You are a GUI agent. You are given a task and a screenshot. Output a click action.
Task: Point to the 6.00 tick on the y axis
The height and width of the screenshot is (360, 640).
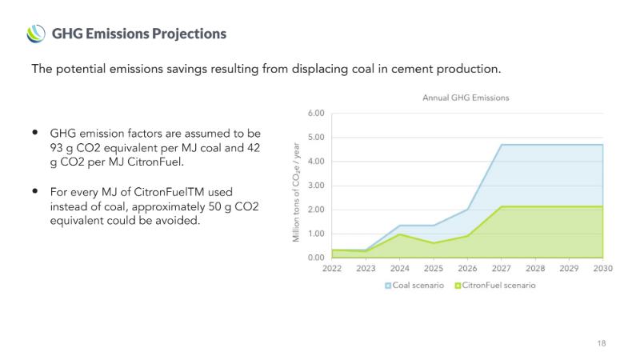(x=316, y=114)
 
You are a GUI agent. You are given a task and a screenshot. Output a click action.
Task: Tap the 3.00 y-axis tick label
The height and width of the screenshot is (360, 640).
(x=316, y=186)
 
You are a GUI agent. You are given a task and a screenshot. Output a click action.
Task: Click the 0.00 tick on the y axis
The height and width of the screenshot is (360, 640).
(x=316, y=258)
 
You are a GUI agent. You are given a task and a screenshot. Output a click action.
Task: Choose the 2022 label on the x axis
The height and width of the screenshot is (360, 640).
(x=332, y=270)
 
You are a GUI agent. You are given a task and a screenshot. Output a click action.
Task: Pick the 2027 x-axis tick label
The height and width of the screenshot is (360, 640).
(x=502, y=270)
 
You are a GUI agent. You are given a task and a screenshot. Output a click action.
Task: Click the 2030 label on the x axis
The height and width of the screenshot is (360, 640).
(x=603, y=270)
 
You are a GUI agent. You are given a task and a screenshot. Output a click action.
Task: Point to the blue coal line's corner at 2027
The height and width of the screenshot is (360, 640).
(x=502, y=145)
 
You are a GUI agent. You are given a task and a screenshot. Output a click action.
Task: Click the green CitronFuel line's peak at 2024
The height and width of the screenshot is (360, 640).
(x=400, y=234)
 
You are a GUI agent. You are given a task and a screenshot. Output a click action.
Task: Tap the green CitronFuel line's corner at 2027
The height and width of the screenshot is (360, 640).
(x=502, y=206)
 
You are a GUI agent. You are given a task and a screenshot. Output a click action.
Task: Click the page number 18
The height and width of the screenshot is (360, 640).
(x=601, y=343)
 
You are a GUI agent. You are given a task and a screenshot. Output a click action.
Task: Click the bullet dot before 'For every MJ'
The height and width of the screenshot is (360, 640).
(x=35, y=192)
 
